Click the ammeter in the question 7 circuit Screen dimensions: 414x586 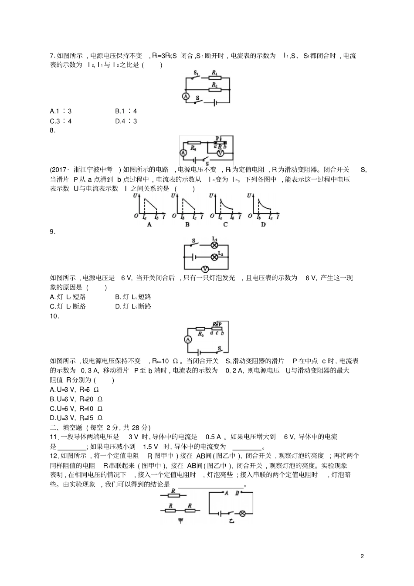[186, 97]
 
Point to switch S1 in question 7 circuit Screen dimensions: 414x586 [197, 78]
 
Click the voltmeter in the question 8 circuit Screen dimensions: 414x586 [221, 153]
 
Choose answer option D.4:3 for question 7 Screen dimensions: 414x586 [126, 121]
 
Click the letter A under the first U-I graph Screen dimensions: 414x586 [149, 224]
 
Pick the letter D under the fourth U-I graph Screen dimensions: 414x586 [263, 224]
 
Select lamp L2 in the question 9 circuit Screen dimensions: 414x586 [214, 257]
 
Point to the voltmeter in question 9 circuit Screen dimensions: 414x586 [203, 269]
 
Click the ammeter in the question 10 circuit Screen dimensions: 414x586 [187, 339]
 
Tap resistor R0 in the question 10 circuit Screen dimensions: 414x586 [200, 329]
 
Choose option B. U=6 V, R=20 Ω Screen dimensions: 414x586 [76, 399]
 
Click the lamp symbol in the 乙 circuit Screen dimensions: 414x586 [243, 514]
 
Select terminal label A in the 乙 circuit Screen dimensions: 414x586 [226, 494]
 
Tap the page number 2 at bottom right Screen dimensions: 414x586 [362, 556]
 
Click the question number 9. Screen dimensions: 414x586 [53, 232]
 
